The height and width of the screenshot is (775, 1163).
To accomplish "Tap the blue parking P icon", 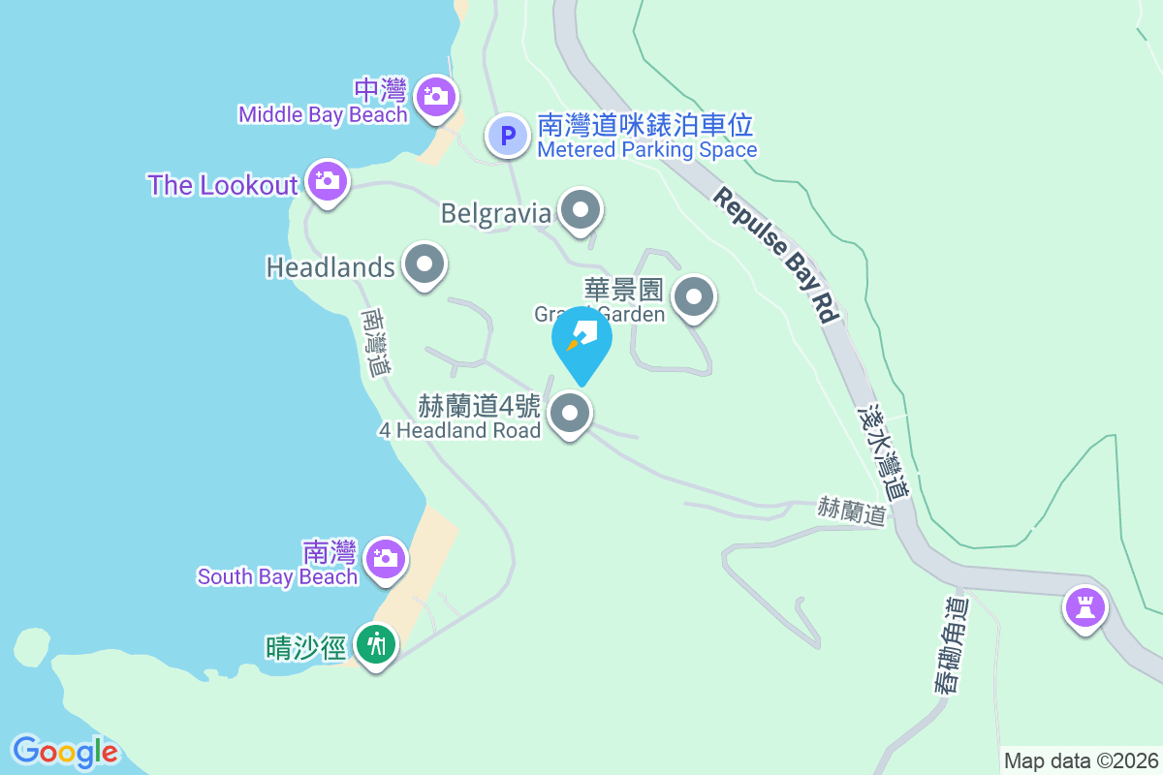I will pos(507,136).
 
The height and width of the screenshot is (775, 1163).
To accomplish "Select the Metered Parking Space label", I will pos(646,150).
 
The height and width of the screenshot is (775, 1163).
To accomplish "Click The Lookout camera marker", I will pos(328,180).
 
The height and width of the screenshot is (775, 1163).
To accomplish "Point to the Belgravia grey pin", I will pos(581,209).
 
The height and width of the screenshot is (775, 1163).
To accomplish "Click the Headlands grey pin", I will pos(424,263).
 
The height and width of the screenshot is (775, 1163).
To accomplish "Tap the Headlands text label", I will pos(330,267).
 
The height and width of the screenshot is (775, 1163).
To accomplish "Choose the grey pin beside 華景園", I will pos(694,296).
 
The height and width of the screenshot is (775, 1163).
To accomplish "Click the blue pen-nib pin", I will pos(581,339).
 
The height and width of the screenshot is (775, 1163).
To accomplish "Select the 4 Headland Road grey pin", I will pos(570,415).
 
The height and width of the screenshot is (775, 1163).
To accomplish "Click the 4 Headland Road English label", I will pos(458,430).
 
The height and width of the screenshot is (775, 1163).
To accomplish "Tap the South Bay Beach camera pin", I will pos(386,559).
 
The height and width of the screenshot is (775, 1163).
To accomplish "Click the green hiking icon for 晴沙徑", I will pos(375,643).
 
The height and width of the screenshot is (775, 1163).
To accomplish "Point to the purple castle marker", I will pos(1084,607).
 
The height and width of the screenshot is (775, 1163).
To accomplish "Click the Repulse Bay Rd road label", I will pos(776,254).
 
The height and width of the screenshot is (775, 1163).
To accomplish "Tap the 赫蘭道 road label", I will pos(852,511).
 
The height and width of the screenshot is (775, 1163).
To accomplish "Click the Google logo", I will pos(65,751).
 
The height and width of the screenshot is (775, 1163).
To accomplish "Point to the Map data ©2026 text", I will pos(1081,760).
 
